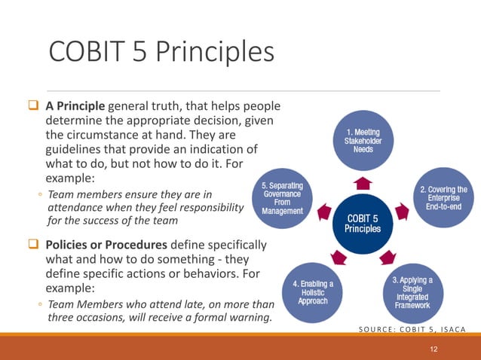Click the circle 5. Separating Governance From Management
[x=282, y=201]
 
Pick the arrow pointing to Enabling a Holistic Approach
[x=341, y=258]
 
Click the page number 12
[x=433, y=348]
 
